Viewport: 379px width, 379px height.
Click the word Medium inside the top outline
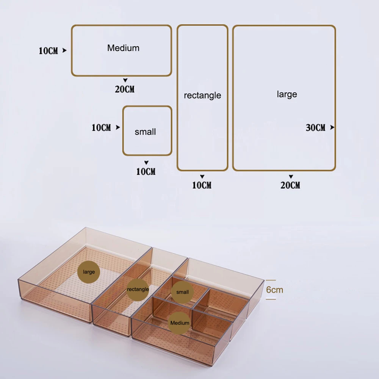pos(123,48)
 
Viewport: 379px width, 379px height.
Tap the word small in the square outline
pos(145,132)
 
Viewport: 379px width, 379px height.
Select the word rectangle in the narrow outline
pos(202,96)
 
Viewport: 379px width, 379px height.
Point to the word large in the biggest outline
pos(287,94)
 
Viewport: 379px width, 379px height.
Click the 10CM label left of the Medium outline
pos(49,51)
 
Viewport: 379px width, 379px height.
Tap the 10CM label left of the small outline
pos(101,128)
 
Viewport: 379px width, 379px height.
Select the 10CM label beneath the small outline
pos(146,172)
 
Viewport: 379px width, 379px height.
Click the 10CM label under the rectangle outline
pos(202,185)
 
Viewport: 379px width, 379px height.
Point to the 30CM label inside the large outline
pos(316,128)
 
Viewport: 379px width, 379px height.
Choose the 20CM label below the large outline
pos(291,185)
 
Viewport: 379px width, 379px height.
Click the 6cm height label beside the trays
pos(275,290)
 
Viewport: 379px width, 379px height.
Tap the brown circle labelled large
pos(89,272)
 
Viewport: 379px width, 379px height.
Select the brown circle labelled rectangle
pos(138,289)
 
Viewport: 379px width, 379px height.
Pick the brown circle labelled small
pos(182,292)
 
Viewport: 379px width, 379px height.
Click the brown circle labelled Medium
pos(180,323)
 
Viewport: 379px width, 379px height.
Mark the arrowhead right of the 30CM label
pos(332,127)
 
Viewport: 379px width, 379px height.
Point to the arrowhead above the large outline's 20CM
pos(291,177)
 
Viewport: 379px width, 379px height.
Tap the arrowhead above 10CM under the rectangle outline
pos(202,177)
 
